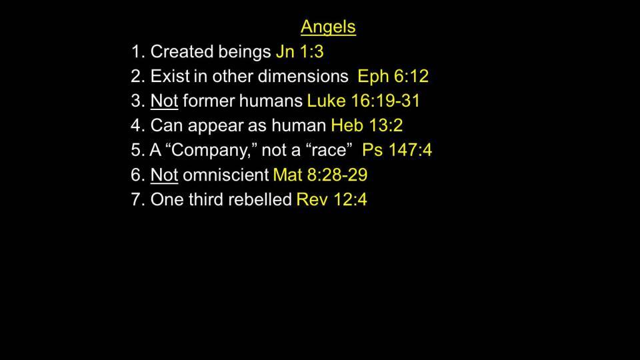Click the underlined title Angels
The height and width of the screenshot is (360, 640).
(x=328, y=27)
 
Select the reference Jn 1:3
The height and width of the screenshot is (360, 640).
(x=300, y=52)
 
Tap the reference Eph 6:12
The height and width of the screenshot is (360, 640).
(x=393, y=76)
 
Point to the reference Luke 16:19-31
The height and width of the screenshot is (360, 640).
(x=363, y=101)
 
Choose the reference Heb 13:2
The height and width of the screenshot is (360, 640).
(x=367, y=125)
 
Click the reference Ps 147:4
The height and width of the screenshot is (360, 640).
(x=397, y=150)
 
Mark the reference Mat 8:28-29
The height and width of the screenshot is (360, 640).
(x=321, y=175)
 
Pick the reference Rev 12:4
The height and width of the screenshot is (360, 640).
(x=332, y=199)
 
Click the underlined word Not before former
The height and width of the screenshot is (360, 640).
(x=165, y=101)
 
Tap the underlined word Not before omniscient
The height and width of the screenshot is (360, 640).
(x=165, y=175)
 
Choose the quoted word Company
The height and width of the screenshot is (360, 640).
(x=210, y=151)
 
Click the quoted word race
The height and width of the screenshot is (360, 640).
(x=329, y=150)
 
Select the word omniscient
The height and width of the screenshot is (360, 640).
(x=226, y=175)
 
